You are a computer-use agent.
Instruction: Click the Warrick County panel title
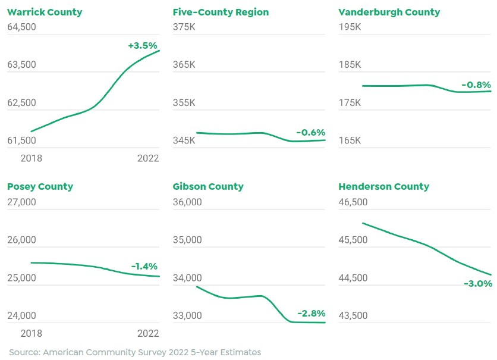pyautogui.click(x=45, y=12)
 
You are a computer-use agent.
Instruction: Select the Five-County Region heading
pyautogui.click(x=221, y=12)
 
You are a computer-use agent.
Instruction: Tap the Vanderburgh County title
pyautogui.click(x=389, y=12)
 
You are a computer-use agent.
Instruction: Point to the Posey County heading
pyautogui.click(x=40, y=187)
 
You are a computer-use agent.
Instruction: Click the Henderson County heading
pyautogui.click(x=383, y=187)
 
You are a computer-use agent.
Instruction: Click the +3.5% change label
pyautogui.click(x=143, y=46)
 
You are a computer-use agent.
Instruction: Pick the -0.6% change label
pyautogui.click(x=311, y=133)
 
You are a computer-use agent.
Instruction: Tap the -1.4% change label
pyautogui.click(x=144, y=267)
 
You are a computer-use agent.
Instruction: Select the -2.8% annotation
pyautogui.click(x=312, y=314)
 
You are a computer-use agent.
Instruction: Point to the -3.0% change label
pyautogui.click(x=478, y=284)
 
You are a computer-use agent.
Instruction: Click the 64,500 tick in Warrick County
pyautogui.click(x=21, y=27)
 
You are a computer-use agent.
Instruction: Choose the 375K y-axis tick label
pyautogui.click(x=184, y=27)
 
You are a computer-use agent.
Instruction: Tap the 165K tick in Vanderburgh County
pyautogui.click(x=350, y=141)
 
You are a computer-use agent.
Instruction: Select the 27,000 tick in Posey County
pyautogui.click(x=21, y=202)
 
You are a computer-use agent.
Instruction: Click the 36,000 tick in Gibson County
pyautogui.click(x=187, y=202)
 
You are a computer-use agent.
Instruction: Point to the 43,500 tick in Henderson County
pyautogui.click(x=353, y=316)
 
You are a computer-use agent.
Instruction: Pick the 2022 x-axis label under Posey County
pyautogui.click(x=148, y=333)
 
